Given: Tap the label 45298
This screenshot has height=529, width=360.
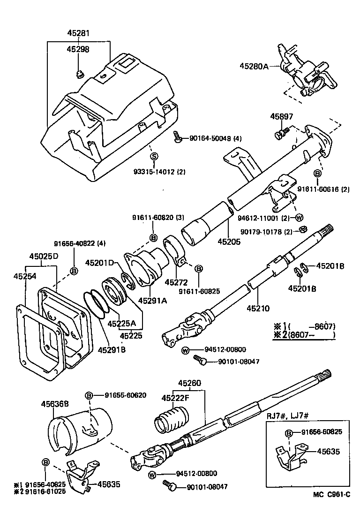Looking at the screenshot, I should (78, 49).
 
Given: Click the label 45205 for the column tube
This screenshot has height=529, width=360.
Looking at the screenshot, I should (229, 242).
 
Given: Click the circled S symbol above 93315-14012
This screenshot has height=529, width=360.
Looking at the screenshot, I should (154, 156).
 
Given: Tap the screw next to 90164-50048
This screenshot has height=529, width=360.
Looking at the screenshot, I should (178, 137).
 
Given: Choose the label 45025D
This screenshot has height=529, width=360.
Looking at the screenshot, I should (44, 257).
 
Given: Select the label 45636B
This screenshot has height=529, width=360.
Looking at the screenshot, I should (55, 403).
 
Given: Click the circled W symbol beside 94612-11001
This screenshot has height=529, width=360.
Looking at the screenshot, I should (300, 217).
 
